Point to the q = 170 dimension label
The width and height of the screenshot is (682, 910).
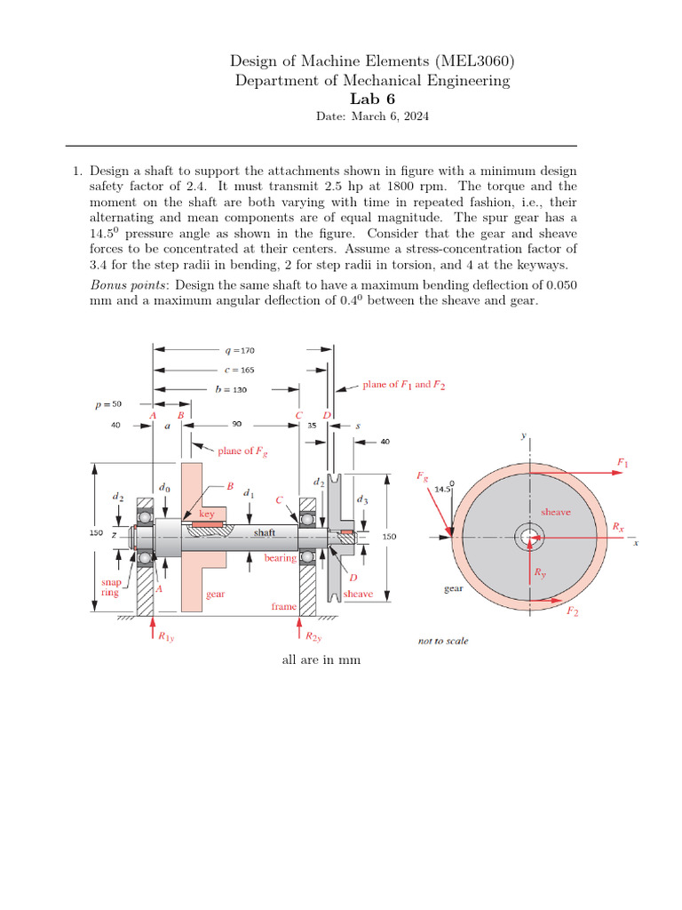pos(240,350)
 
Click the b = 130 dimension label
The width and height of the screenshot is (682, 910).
pos(232,389)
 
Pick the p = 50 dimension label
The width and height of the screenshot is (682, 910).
pos(109,405)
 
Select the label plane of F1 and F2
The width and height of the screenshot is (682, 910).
pos(404,385)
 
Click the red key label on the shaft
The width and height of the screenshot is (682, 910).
pos(207,514)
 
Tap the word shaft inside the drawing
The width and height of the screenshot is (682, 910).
pos(265,531)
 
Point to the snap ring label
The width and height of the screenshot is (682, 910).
pos(110,587)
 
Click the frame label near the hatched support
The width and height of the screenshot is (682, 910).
pos(283,606)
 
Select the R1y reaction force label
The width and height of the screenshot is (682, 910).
pos(166,637)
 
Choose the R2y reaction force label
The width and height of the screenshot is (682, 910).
pos(313,637)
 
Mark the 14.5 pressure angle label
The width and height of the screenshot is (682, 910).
pos(444,488)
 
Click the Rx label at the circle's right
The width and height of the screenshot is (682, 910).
pos(618,527)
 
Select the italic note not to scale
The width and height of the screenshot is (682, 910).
pos(443,641)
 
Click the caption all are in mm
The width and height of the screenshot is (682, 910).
pos(321,660)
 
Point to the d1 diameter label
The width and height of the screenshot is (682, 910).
pos(250,492)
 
